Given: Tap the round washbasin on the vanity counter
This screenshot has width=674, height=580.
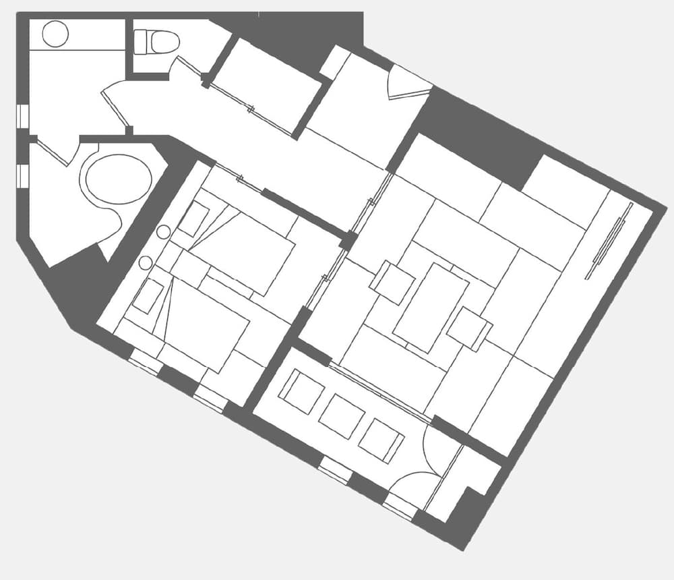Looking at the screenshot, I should (55, 34).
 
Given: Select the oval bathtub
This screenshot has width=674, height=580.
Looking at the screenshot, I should (118, 179).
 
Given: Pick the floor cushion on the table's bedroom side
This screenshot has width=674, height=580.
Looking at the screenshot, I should (392, 282).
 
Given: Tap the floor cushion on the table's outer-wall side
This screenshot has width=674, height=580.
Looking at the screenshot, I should (469, 328).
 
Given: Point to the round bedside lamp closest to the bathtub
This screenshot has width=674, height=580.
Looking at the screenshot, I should (163, 232).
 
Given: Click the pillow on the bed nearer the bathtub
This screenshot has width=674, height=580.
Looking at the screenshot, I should (193, 219).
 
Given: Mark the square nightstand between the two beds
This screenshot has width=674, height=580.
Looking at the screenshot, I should (181, 267).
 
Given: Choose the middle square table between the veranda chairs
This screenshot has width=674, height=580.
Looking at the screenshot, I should (342, 417).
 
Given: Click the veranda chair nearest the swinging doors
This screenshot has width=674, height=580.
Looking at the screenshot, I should (381, 440).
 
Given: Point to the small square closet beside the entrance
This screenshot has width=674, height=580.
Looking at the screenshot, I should (334, 62).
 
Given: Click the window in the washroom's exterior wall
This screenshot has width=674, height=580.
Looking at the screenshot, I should (22, 116).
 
